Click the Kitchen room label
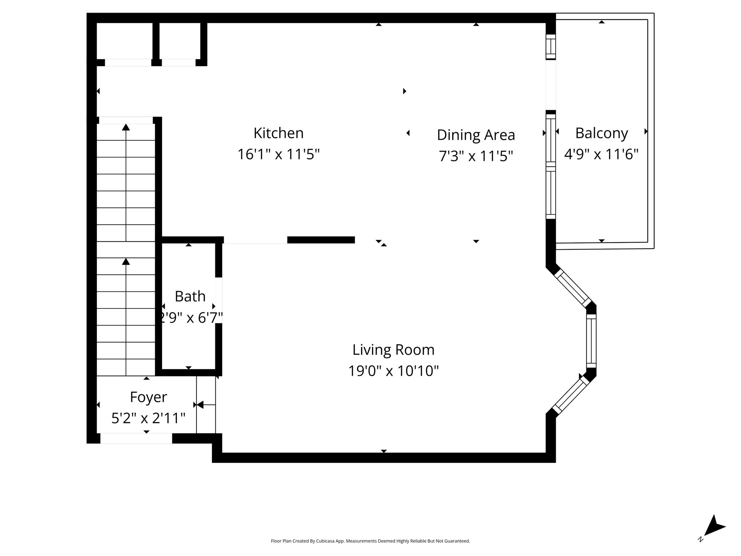[278, 133]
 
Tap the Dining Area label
[476, 135]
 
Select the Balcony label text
[601, 133]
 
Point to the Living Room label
[393, 350]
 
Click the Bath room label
[190, 296]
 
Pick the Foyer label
[148, 397]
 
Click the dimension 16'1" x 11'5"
[278, 154]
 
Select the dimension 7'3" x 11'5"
[476, 156]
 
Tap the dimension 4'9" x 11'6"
[601, 154]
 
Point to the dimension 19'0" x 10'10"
[393, 371]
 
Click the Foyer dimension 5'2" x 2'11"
[148, 418]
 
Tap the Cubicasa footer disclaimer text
[370, 541]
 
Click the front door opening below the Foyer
[136, 438]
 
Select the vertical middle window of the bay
[591, 341]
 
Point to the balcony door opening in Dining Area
[551, 85]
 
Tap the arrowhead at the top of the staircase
[126, 127]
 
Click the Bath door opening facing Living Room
[219, 300]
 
